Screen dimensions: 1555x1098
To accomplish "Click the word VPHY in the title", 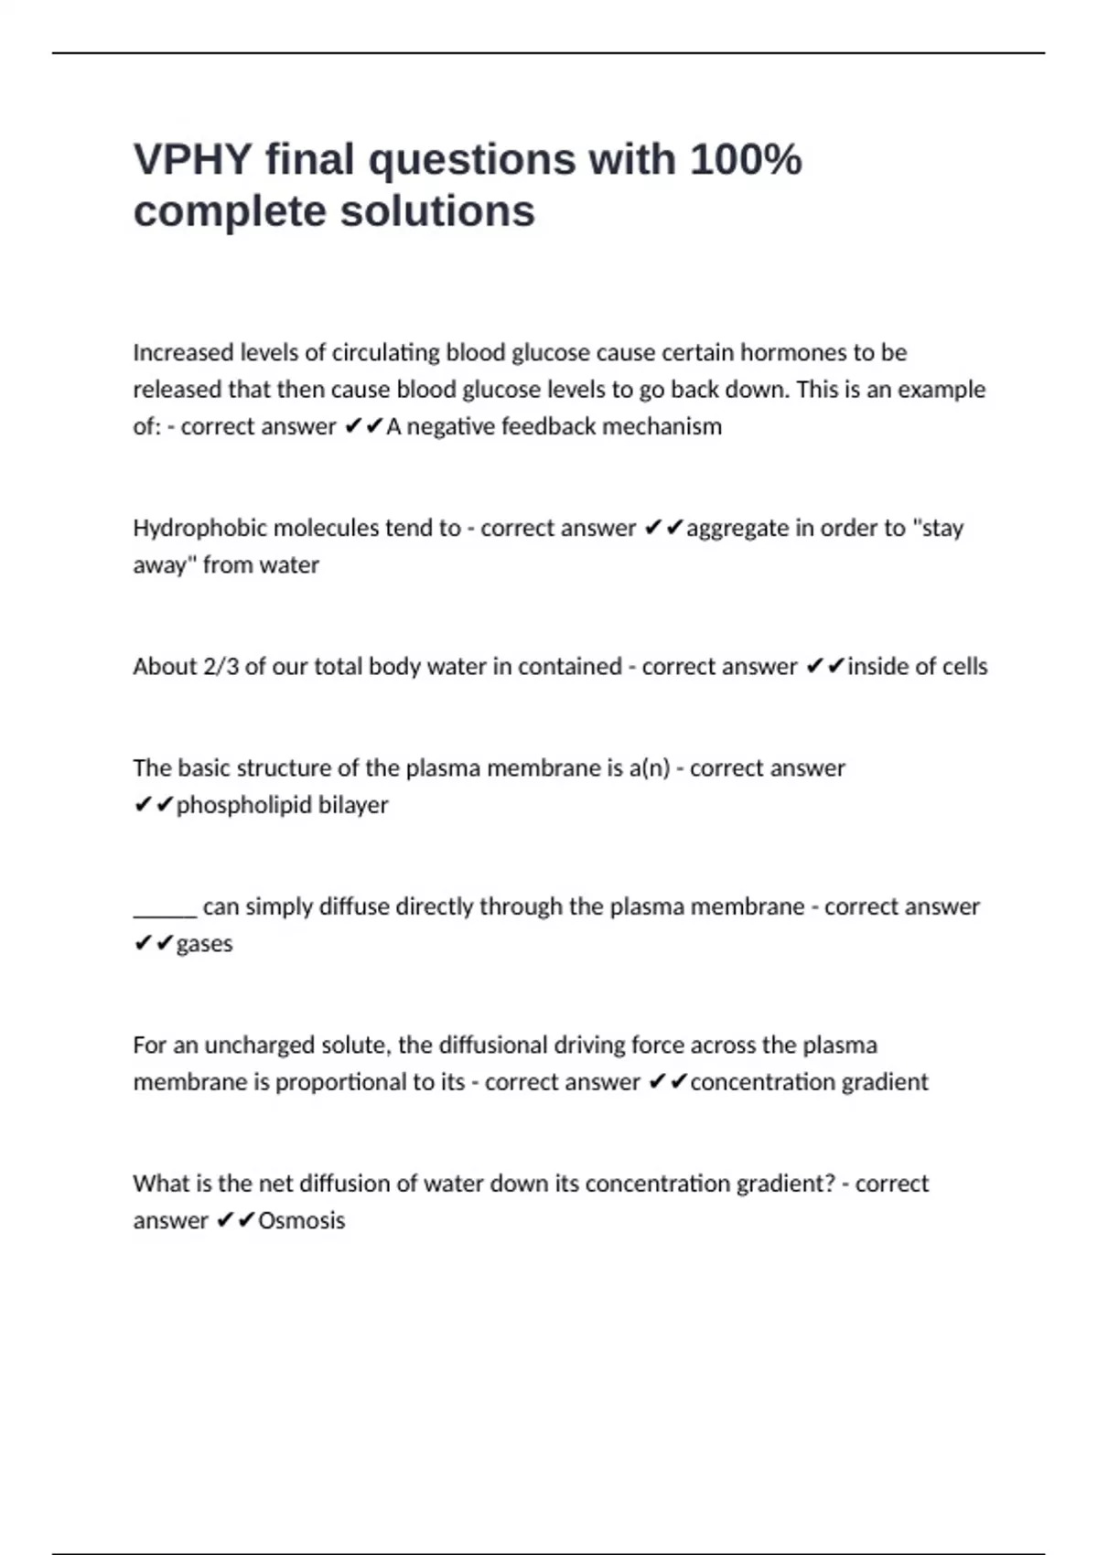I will click(192, 159).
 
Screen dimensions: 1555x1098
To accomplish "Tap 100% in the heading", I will click(746, 159).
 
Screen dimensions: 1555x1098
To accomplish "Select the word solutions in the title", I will click(437, 211).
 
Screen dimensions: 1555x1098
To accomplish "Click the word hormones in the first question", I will click(793, 352).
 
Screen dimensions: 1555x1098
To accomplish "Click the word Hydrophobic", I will click(199, 528).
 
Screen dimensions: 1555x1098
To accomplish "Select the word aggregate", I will click(737, 528).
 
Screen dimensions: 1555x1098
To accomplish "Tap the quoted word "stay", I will click(937, 528).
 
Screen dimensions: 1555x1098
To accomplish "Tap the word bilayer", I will click(353, 805).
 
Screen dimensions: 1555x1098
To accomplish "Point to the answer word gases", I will click(204, 944).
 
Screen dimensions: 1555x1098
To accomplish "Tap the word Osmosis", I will click(301, 1220).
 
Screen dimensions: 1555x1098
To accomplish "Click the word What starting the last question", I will click(160, 1184).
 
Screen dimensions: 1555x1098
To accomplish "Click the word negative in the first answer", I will click(451, 426).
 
